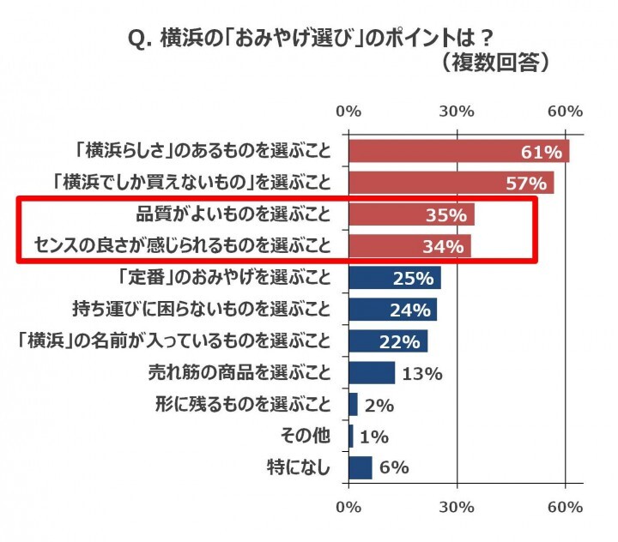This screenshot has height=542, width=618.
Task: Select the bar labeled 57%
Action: (x=451, y=183)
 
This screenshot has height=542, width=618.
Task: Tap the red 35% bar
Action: (x=411, y=214)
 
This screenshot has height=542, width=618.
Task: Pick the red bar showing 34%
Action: (x=409, y=246)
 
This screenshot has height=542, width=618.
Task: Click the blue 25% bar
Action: (x=394, y=278)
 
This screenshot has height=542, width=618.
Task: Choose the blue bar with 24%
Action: (x=392, y=309)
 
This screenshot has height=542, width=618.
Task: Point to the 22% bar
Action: (x=388, y=340)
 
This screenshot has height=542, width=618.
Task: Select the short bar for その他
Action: (x=350, y=436)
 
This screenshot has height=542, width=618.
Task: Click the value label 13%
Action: (x=421, y=373)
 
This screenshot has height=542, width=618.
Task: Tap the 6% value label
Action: (x=395, y=467)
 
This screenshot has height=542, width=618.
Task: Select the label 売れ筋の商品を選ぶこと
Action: (x=239, y=372)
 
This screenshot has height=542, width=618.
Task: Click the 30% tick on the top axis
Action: (x=457, y=111)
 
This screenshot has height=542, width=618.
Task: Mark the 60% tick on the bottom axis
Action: (x=566, y=508)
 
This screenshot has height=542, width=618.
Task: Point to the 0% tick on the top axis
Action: (x=348, y=111)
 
